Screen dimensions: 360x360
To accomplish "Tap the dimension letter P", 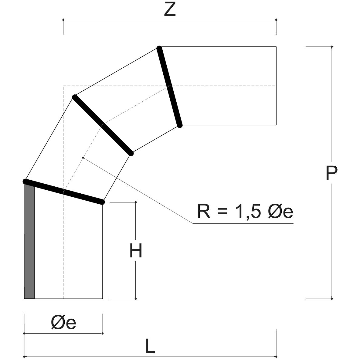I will (331, 173).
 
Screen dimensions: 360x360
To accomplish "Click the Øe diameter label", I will (63, 323).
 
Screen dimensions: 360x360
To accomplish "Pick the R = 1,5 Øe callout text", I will (245, 211).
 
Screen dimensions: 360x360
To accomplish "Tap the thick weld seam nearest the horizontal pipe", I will (169, 86).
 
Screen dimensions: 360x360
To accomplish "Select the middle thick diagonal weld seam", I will (103, 125).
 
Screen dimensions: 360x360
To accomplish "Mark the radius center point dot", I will (83, 158).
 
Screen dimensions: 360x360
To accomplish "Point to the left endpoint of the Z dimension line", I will (63, 20).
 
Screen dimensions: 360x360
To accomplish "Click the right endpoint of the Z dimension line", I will (276, 20).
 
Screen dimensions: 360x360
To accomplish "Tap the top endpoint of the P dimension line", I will (332, 46).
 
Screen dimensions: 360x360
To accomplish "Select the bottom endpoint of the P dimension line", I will (332, 299).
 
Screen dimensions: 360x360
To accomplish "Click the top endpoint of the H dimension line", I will (135, 202).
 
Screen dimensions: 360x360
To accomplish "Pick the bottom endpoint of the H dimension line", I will (135, 299).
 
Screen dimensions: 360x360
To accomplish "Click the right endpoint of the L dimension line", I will (276, 356).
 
